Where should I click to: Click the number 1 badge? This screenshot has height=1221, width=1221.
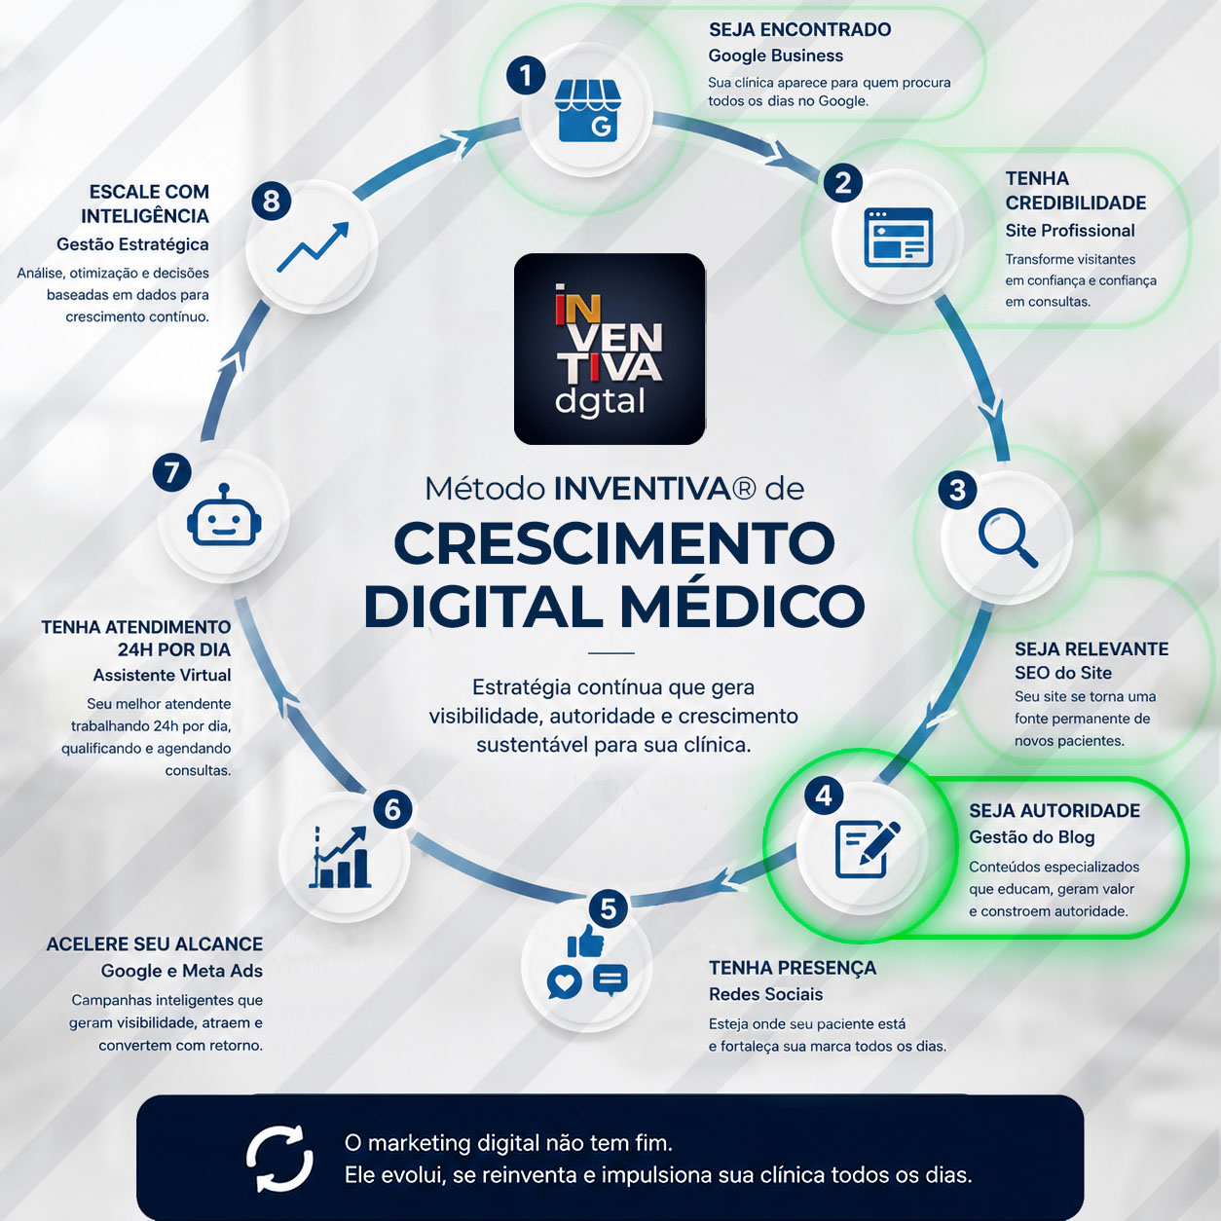525,76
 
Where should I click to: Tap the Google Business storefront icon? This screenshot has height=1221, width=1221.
587,111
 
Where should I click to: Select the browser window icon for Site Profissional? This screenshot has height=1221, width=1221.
899,237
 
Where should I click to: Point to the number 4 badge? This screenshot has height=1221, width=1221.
824,795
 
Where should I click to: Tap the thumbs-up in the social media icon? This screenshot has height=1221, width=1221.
585,942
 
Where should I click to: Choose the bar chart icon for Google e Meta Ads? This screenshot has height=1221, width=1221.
340,857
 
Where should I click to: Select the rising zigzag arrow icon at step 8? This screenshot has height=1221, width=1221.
313,247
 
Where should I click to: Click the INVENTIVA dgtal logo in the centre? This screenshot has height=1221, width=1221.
610,349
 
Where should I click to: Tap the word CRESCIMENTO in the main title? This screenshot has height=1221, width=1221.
614,543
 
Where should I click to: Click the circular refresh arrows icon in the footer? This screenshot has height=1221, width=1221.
279,1159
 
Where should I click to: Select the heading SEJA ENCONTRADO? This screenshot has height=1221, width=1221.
799,30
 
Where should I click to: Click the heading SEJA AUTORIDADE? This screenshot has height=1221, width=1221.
1054,810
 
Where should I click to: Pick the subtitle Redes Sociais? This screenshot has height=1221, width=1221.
765,994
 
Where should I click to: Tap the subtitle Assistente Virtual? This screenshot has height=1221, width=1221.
162,675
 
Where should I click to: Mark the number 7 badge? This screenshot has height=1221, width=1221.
171,472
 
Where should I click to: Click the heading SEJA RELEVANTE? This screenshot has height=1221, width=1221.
1091,648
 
